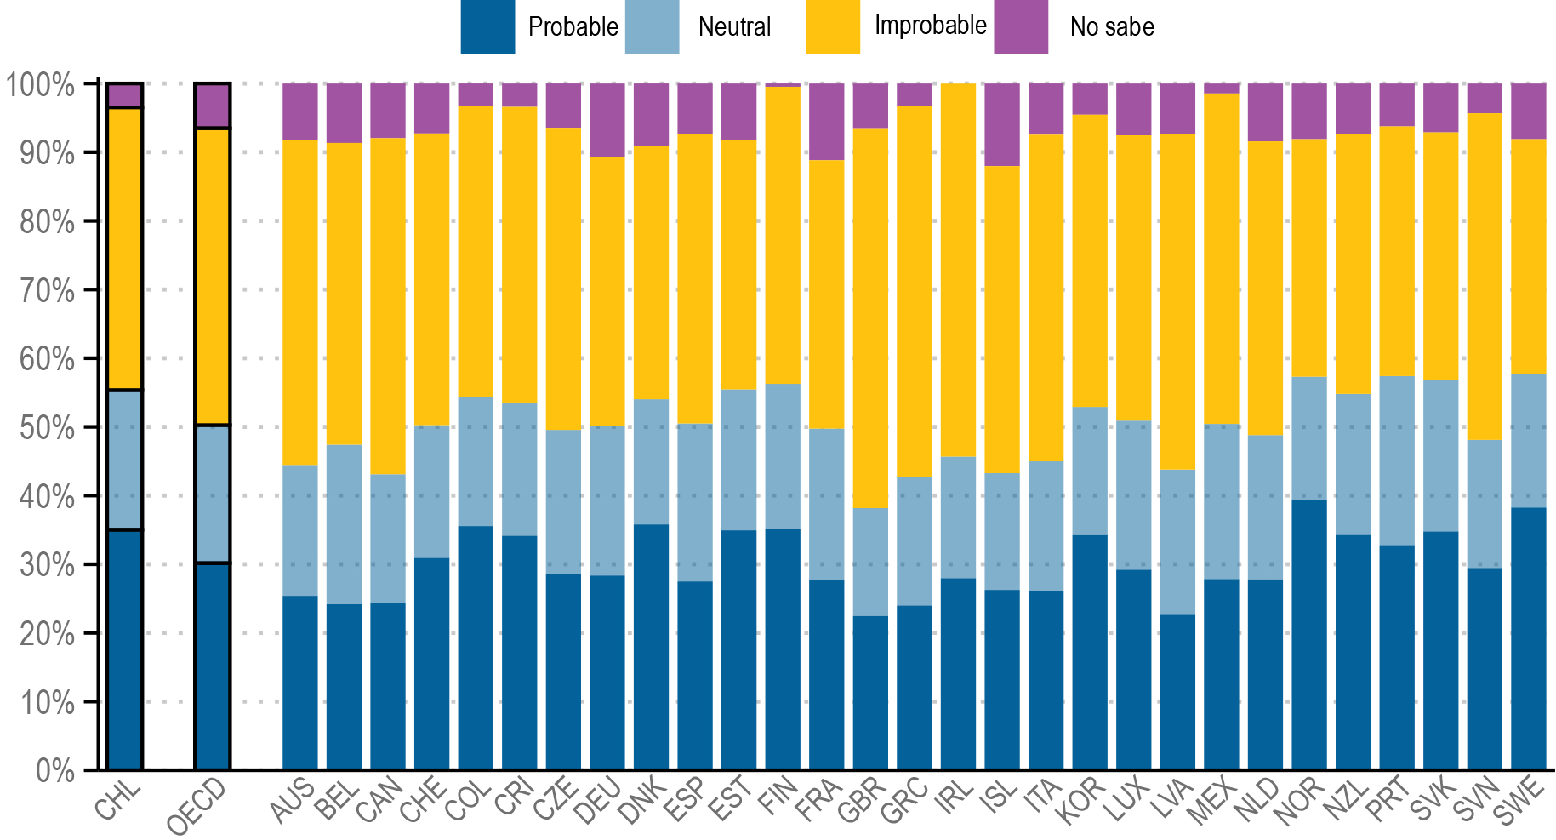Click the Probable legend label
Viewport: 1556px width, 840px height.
click(573, 27)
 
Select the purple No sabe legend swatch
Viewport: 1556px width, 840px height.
click(1021, 26)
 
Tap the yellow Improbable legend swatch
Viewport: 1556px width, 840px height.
click(832, 26)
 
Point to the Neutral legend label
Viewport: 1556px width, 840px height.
click(734, 27)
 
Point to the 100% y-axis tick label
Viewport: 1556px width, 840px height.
click(41, 84)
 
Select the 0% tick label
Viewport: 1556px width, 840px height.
click(54, 770)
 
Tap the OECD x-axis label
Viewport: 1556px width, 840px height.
click(197, 805)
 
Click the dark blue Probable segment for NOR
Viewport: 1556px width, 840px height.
click(1309, 634)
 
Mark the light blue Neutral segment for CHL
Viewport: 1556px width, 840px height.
click(125, 460)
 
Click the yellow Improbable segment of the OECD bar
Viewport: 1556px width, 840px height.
click(212, 277)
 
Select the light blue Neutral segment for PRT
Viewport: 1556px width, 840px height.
click(1397, 460)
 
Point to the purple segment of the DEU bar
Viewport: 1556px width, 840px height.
click(607, 120)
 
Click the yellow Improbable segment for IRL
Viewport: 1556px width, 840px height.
click(959, 270)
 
